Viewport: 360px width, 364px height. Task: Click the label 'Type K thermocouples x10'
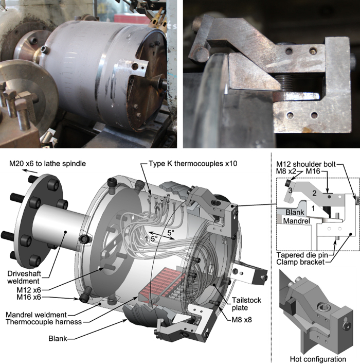click(193, 163)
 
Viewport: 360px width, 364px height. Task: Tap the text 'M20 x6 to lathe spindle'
click(47, 163)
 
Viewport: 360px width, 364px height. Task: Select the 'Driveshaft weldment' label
click(24, 277)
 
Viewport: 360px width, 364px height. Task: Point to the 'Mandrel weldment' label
click(36, 315)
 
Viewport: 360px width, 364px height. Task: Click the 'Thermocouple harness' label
click(44, 322)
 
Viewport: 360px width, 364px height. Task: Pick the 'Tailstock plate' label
click(246, 304)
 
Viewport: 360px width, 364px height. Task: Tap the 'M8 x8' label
click(242, 320)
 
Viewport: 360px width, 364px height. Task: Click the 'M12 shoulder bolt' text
click(306, 164)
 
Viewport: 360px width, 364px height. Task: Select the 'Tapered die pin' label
click(302, 255)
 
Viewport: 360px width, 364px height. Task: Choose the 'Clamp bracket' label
click(300, 262)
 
